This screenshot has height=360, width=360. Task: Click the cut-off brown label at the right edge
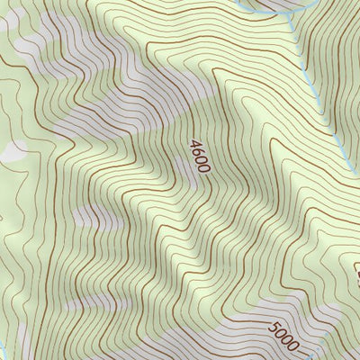355,270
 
